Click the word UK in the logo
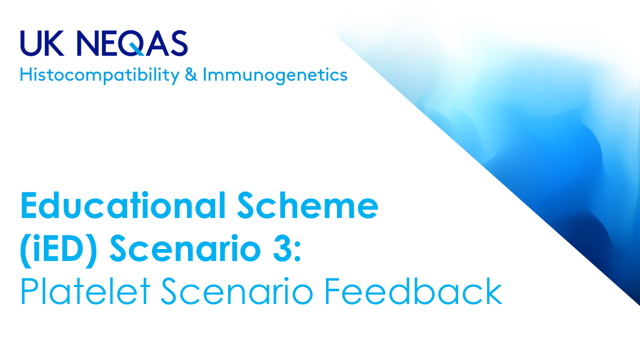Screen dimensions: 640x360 (x=42, y=43)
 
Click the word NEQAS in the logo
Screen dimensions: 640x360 (x=132, y=43)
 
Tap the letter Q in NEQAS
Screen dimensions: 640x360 (x=132, y=43)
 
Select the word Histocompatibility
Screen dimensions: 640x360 (x=99, y=75)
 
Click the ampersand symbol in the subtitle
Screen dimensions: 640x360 (x=191, y=74)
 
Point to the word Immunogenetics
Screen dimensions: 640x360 (x=275, y=75)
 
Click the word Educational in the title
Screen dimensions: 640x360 (x=123, y=205)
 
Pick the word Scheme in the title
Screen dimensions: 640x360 (x=307, y=205)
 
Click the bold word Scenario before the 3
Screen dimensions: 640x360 (x=185, y=248)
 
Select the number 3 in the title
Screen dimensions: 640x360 (x=281, y=248)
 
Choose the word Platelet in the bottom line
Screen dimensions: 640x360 (x=85, y=291)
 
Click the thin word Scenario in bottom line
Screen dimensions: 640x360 (x=237, y=291)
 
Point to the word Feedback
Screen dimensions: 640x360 (x=413, y=291)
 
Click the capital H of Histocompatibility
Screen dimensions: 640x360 (x=26, y=74)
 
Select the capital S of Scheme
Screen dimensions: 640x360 (x=246, y=205)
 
